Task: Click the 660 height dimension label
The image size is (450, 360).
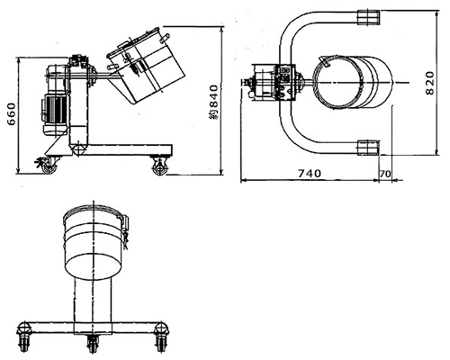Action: tap(12, 114)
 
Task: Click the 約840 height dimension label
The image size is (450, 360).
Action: tap(214, 103)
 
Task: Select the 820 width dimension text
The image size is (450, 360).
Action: tap(430, 83)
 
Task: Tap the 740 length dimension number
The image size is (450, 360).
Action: tap(310, 174)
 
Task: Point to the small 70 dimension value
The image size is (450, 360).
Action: tap(385, 174)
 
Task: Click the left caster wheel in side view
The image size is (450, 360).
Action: tap(49, 167)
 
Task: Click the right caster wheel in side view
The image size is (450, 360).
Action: tap(159, 168)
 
